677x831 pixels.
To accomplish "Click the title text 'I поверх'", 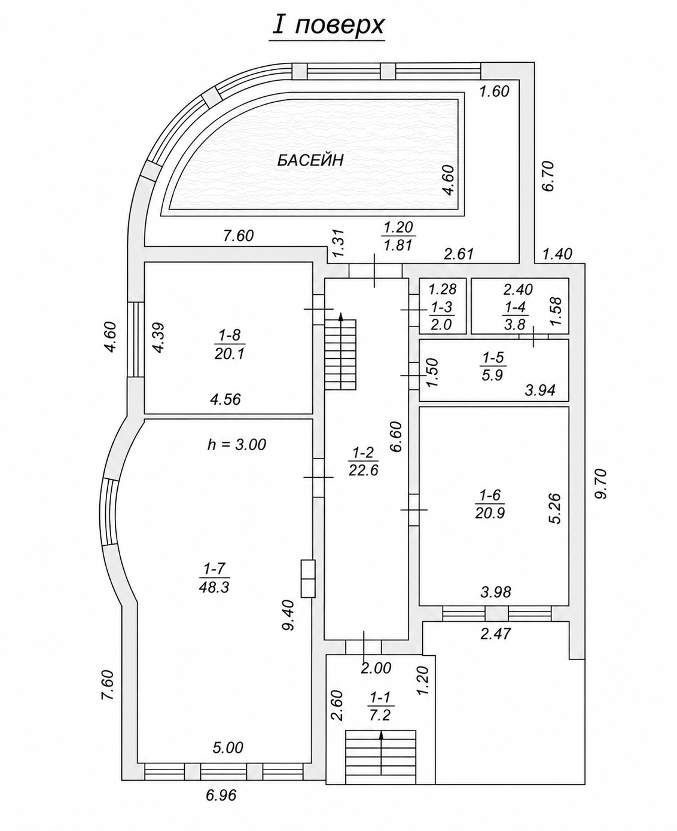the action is coord(328,27).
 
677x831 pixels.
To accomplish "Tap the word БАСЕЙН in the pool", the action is coord(310,160).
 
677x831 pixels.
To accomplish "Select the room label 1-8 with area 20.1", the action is coord(230,344).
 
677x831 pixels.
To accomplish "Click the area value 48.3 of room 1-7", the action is coord(214,587).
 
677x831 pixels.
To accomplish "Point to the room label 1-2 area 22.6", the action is coord(363,462).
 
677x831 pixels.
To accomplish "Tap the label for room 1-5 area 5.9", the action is coord(493,366).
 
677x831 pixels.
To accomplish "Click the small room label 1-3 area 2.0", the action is coord(441,316).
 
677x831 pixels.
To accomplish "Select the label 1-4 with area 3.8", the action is coord(515,316).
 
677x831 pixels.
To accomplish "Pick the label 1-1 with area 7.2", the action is coord(380,695).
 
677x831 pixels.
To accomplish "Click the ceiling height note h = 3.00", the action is coord(236,444).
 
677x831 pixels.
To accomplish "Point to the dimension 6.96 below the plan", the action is coord(221,806).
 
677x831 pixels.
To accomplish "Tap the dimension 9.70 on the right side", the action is coord(600,484).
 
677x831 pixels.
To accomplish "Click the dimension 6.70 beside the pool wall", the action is coord(548,176).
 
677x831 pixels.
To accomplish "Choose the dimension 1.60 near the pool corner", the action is coord(495,91).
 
